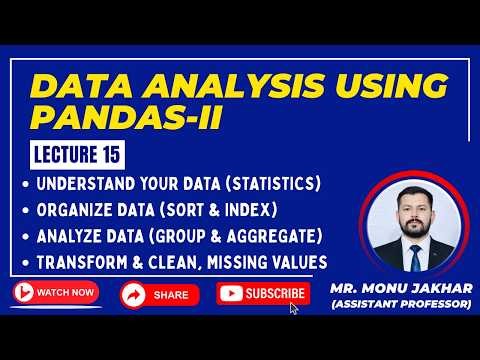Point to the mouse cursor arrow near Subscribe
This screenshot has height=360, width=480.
click(x=294, y=308)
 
